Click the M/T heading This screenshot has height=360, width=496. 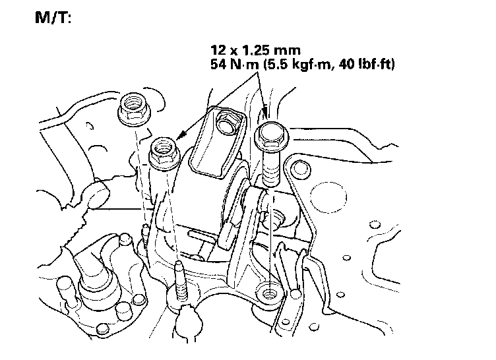click(x=53, y=17)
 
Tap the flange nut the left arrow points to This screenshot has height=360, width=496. click(x=164, y=153)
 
